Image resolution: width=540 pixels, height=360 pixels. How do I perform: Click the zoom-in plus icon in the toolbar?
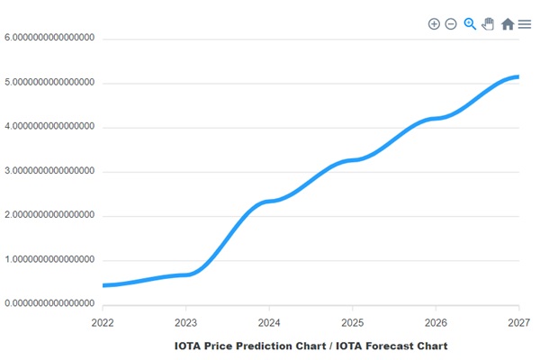point(434,23)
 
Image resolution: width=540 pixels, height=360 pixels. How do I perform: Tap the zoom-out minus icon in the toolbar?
point(451,23)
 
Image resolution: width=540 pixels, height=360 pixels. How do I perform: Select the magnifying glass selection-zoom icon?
point(470,23)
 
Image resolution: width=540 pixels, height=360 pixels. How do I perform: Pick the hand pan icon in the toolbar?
point(488,23)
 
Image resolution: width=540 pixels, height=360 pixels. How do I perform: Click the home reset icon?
point(508,24)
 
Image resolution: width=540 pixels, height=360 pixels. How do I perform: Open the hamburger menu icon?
point(525,24)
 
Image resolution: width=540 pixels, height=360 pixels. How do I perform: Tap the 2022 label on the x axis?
point(103,321)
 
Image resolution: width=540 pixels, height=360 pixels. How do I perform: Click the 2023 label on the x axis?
point(185,321)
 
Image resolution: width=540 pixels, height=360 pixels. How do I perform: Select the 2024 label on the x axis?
point(269,321)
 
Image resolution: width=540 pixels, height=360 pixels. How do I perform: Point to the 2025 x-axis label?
point(352,321)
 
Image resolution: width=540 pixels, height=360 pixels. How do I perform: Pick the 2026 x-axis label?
point(436,321)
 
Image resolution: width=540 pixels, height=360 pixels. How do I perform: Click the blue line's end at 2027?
point(517,77)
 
